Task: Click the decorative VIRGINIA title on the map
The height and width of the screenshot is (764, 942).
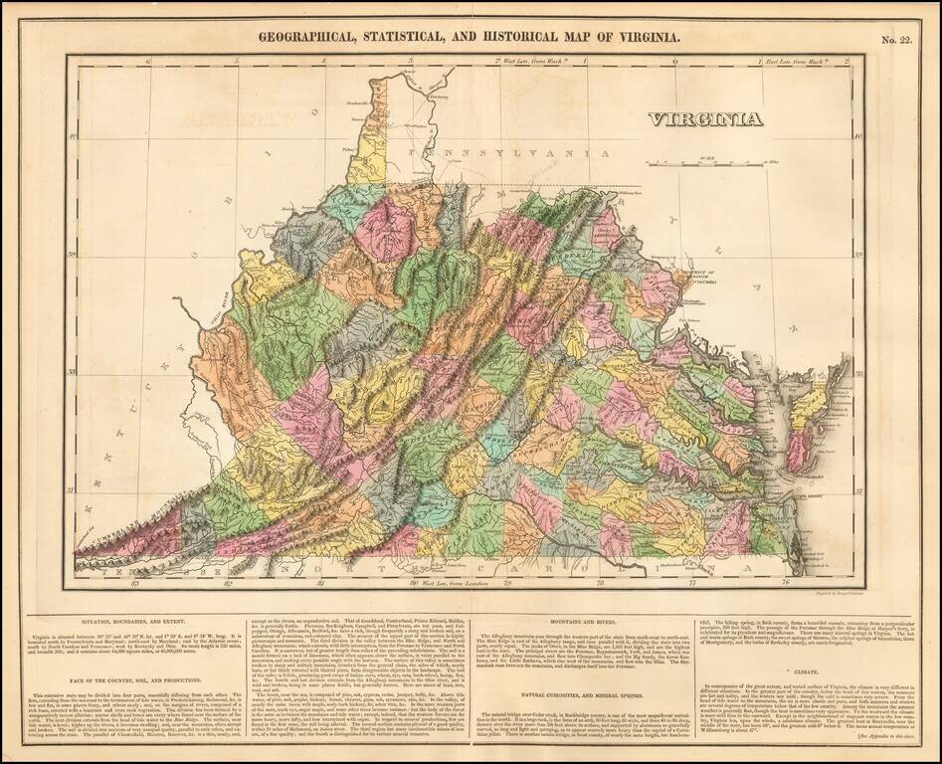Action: point(705,119)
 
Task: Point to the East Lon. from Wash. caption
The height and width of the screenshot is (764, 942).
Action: point(806,62)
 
